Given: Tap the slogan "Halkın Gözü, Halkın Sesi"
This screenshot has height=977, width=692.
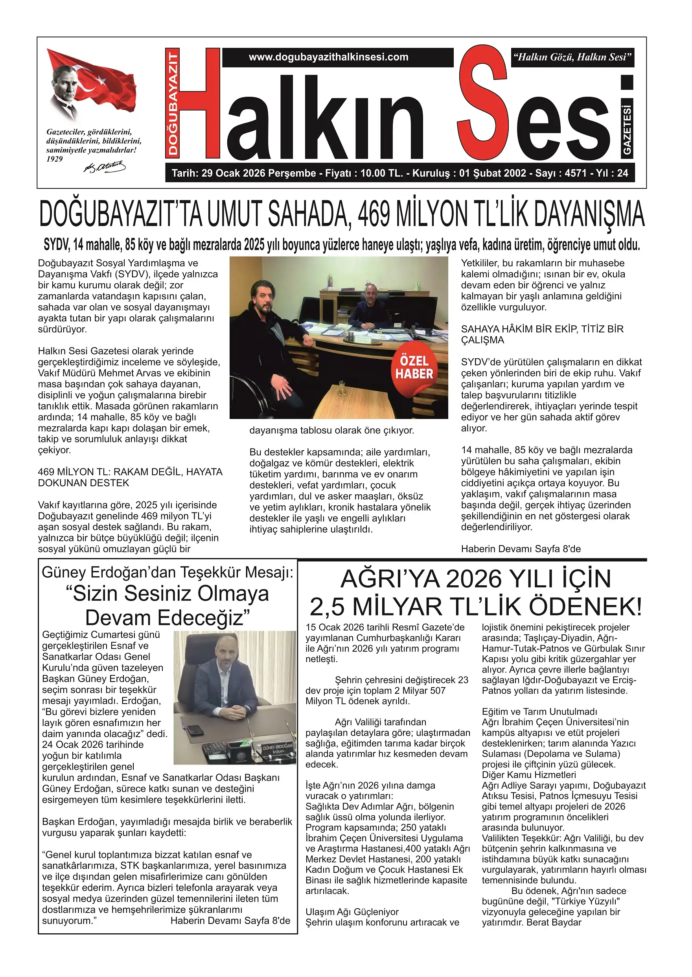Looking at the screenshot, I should click(572, 57).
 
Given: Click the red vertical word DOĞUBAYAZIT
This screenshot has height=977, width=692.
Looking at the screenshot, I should click(173, 103).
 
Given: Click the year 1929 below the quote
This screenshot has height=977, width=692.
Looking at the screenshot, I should click(55, 159).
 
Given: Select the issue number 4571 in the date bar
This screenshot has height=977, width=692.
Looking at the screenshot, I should click(576, 173).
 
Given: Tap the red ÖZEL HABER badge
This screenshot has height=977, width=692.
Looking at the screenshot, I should click(414, 367).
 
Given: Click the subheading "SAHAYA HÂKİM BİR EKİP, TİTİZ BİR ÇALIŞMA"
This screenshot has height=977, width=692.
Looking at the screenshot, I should click(542, 335).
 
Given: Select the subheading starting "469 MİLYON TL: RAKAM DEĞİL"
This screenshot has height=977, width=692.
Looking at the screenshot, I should click(130, 477).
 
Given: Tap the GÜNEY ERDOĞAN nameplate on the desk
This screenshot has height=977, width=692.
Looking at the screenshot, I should click(278, 749).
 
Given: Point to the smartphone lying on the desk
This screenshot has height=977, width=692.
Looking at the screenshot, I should click(195, 730).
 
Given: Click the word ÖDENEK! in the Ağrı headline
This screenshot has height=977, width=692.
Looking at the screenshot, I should click(584, 607).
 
